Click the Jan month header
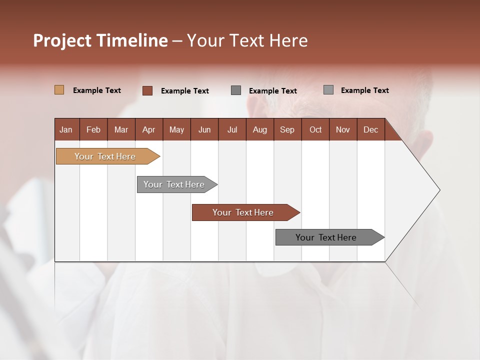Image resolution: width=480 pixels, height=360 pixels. coord(66,129)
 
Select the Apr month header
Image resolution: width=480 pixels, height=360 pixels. coord(148,129)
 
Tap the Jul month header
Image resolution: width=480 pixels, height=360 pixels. coord(232,129)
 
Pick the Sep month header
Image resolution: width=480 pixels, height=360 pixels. coord(287,129)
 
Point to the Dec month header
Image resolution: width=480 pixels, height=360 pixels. coord(370,129)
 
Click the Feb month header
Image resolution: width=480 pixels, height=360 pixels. coord(93,129)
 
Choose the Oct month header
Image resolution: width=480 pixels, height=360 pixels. coord(315,129)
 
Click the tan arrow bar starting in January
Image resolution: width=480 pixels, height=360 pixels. coord(105,156)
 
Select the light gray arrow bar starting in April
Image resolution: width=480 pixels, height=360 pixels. coord(174,184)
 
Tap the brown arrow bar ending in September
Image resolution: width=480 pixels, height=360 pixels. coord(243,212)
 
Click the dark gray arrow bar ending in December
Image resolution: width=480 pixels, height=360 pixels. coord(326,237)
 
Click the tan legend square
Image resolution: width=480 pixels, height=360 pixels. coord(59,90)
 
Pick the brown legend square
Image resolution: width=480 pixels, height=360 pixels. coord(147,90)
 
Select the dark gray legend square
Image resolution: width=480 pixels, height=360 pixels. coord(236,90)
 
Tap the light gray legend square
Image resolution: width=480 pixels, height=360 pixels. coord(328,90)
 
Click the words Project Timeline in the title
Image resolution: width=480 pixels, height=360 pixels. coord(100,40)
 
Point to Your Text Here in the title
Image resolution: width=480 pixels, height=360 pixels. coord(247,40)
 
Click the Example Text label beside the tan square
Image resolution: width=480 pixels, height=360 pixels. coord(97,90)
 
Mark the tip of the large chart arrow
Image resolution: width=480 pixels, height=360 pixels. coord(439,190)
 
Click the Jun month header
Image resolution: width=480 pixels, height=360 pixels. coord(204,129)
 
